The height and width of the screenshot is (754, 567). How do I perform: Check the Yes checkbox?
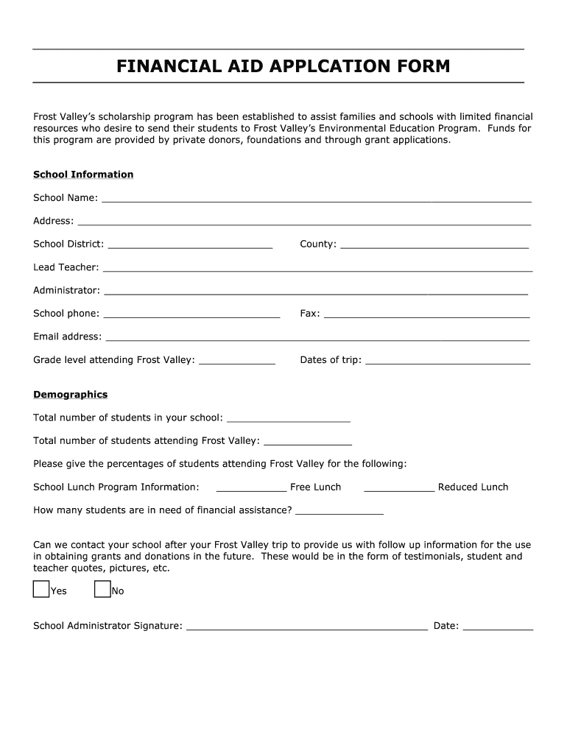coord(41,590)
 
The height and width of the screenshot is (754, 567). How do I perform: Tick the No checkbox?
coord(102,590)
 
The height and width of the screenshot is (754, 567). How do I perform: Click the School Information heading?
coord(83,175)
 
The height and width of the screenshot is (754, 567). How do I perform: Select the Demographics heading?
coord(70,395)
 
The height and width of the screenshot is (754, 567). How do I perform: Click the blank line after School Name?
coord(316,200)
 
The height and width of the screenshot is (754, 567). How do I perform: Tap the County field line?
coord(434,247)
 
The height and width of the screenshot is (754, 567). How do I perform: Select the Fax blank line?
coord(426,316)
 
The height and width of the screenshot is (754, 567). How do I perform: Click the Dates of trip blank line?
coord(448,362)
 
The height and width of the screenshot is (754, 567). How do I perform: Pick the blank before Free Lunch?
coord(251,490)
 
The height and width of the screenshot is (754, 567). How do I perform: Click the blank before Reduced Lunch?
coord(399,490)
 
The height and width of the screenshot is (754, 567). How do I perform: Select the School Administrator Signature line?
coord(307,629)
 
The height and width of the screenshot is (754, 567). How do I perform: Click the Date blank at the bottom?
coord(497,629)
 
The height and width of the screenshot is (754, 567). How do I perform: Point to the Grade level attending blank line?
coord(237,362)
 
